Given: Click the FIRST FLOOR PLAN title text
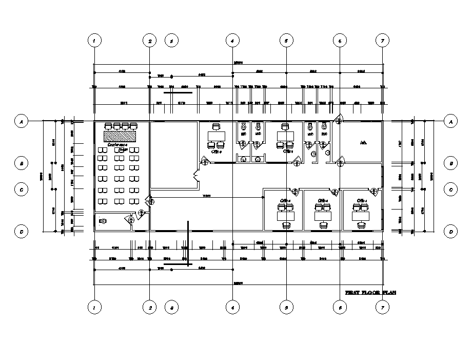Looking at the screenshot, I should click(x=370, y=292).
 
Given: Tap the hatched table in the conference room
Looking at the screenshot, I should click(x=120, y=136).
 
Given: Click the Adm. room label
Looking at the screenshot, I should click(x=364, y=142).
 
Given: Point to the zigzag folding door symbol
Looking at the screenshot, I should click(x=195, y=176).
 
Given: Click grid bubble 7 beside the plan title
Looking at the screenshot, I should click(x=382, y=308).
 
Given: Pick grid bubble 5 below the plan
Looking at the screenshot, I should click(x=286, y=308).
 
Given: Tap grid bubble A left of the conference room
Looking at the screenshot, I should click(x=21, y=122).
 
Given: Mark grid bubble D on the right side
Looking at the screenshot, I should click(x=450, y=232).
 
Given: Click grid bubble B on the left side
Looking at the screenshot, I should click(x=21, y=164).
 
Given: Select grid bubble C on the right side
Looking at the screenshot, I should click(x=450, y=190).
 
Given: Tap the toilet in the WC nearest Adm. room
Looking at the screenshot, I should click(x=323, y=126).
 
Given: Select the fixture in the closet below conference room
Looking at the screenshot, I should click(x=103, y=221).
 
